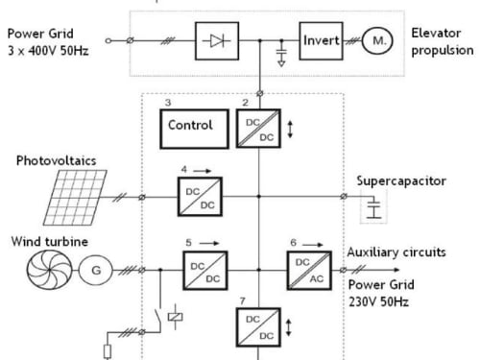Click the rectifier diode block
(217, 40)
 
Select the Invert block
(321, 40)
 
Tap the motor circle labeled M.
(377, 40)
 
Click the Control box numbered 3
(194, 129)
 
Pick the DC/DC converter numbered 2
(258, 129)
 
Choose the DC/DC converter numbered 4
(200, 197)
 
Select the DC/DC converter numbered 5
(205, 271)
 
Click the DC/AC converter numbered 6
(309, 271)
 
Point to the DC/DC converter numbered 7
(258, 327)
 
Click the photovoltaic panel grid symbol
(75, 198)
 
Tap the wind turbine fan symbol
(49, 270)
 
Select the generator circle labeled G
(96, 271)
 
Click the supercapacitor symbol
(373, 208)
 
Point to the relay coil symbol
(175, 317)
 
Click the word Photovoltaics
(57, 160)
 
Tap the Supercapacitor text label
(401, 181)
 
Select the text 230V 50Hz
(378, 301)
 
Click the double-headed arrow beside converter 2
(290, 130)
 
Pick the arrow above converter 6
(313, 245)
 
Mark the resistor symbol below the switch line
(108, 351)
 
